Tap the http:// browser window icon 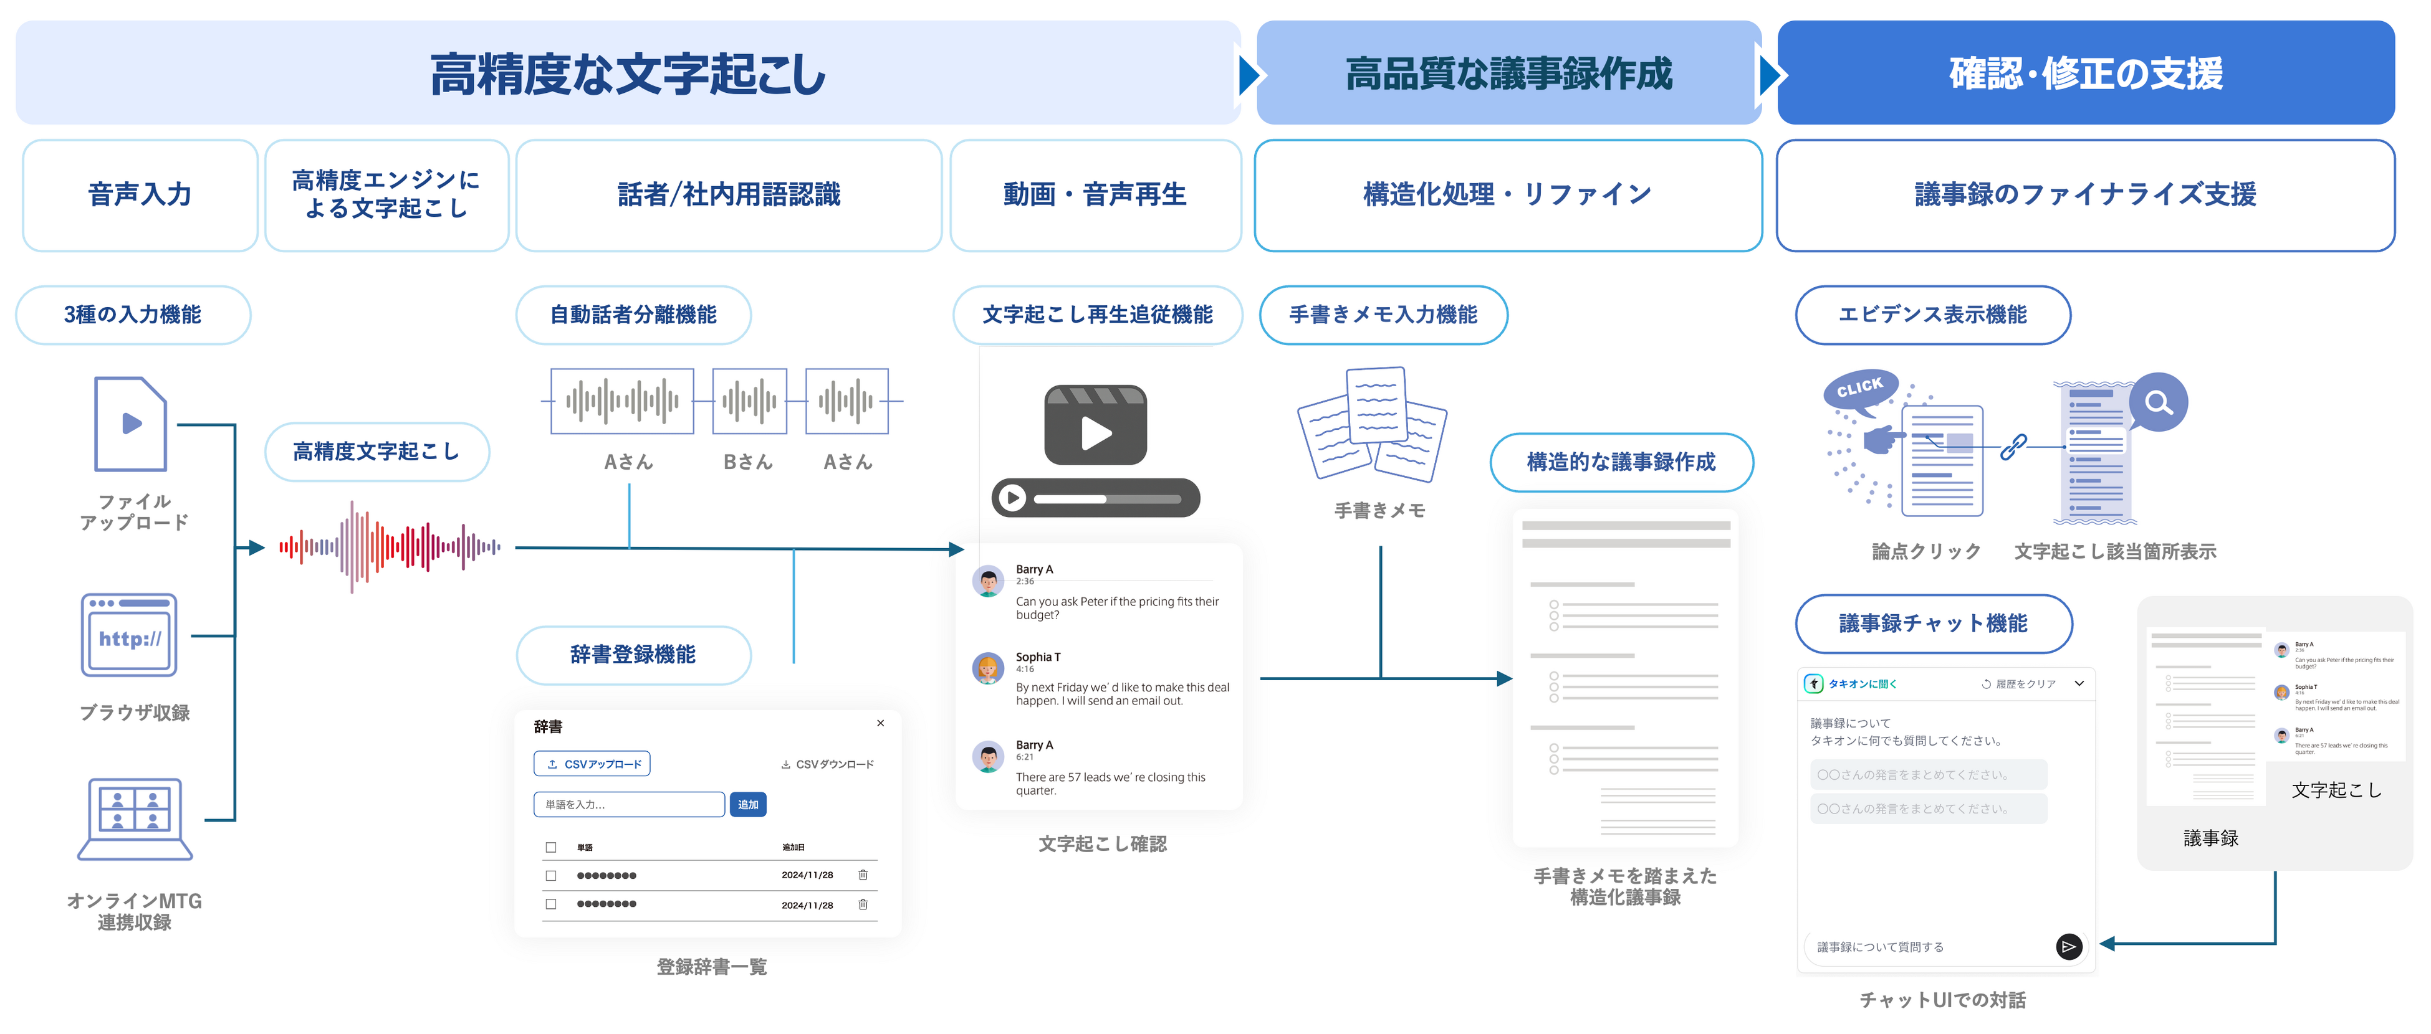pyautogui.click(x=129, y=635)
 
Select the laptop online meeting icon pyautogui.click(x=135, y=818)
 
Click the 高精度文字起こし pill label pyautogui.click(x=376, y=452)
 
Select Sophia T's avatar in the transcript pyautogui.click(x=988, y=668)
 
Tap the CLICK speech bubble pyautogui.click(x=1859, y=387)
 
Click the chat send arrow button pyautogui.click(x=2069, y=946)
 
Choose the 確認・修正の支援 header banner pyautogui.click(x=2086, y=74)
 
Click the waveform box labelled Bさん pyautogui.click(x=749, y=402)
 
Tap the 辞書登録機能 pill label pyautogui.click(x=633, y=655)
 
